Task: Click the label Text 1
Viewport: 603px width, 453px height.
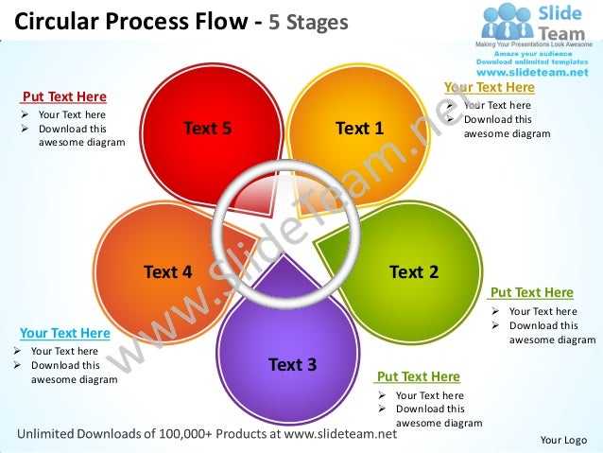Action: click(359, 129)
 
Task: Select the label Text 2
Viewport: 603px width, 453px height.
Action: click(413, 272)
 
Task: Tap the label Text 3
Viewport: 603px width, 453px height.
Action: click(292, 364)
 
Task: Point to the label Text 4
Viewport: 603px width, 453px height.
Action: click(168, 272)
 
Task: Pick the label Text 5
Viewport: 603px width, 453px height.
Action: click(207, 129)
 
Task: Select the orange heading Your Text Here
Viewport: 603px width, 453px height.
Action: click(489, 88)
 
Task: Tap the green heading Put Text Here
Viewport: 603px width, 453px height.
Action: click(531, 293)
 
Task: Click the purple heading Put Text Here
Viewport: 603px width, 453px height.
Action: click(418, 376)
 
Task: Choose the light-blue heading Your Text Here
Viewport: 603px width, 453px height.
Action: click(64, 333)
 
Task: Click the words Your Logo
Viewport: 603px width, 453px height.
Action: click(563, 440)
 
